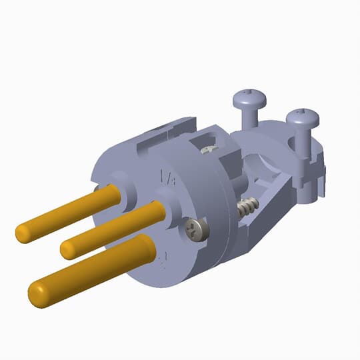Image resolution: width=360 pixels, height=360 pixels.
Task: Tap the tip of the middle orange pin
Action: click(x=67, y=250)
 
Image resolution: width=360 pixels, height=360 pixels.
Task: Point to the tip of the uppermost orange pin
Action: click(x=23, y=233)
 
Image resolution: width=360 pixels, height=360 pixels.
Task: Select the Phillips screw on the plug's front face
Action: click(x=197, y=231)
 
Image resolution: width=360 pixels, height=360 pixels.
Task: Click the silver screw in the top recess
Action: click(x=209, y=148)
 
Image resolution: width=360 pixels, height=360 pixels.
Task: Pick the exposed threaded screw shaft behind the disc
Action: click(x=247, y=208)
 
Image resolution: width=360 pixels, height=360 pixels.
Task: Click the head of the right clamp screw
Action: click(x=304, y=119)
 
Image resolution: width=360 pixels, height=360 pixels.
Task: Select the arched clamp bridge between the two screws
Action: click(x=273, y=133)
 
